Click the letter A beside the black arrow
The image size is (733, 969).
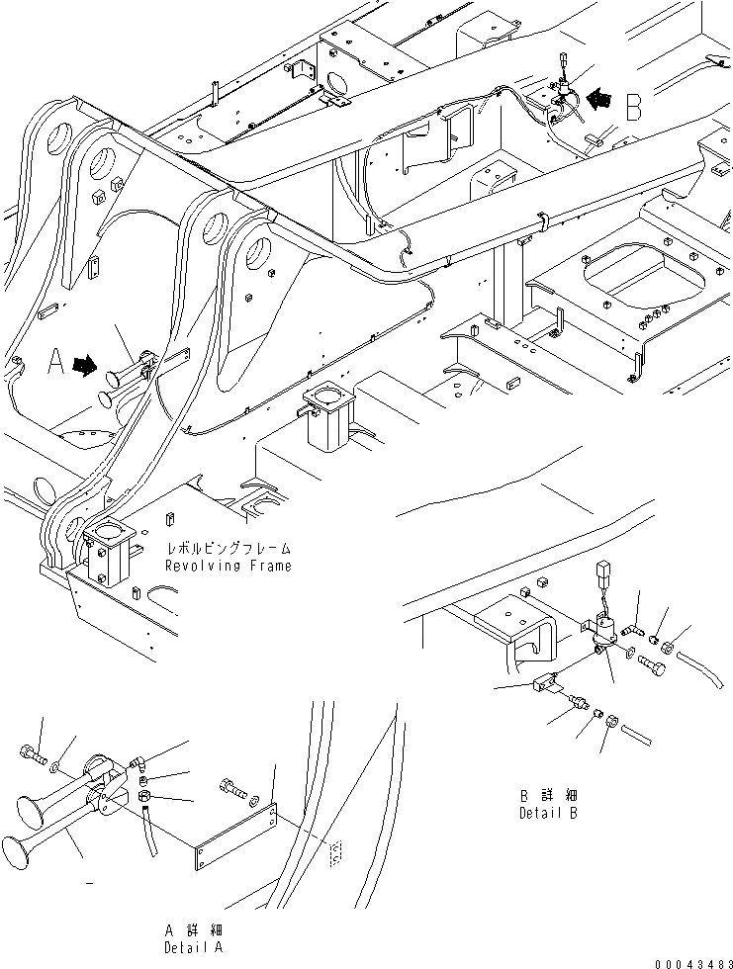56,364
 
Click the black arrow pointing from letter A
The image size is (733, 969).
85,365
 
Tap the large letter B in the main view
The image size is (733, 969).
633,105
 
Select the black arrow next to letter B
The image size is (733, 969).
600,100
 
